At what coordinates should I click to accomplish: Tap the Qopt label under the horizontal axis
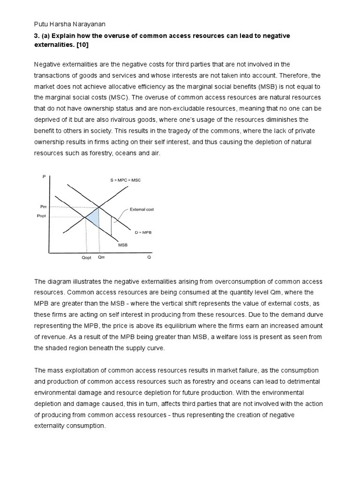tap(86, 257)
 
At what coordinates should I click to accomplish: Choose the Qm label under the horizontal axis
tap(101, 257)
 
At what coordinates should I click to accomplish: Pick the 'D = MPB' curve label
tap(143, 232)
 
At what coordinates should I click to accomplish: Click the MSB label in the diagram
tap(123, 244)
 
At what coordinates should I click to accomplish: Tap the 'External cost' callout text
tap(142, 210)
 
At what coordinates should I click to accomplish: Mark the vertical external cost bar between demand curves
tap(111, 226)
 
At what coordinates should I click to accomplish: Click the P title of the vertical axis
tap(45, 177)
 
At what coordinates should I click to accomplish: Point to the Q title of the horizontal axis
tap(149, 257)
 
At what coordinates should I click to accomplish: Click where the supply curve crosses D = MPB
tap(99, 207)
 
